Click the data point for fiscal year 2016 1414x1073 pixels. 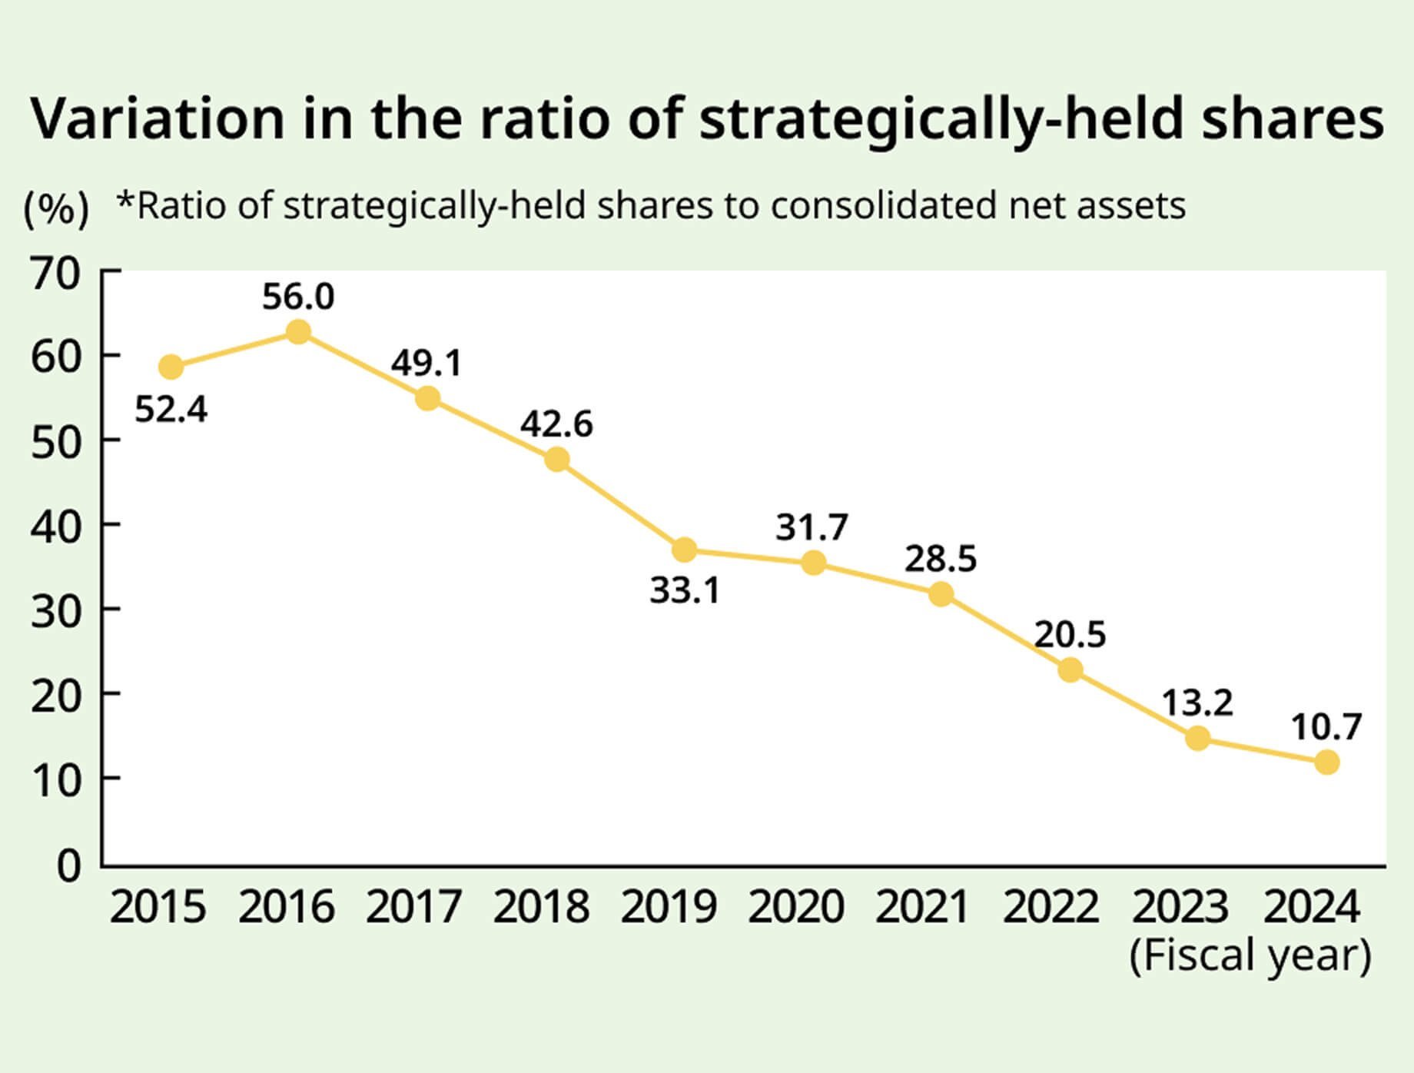point(298,332)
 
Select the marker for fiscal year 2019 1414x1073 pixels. point(684,550)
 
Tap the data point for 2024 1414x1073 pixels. point(1326,762)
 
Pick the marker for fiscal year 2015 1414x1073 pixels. point(171,367)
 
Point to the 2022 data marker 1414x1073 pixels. point(1070,670)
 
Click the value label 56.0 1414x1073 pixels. point(298,297)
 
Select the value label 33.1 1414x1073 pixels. point(685,591)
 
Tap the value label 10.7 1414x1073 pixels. point(1326,726)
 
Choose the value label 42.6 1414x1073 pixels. point(556,424)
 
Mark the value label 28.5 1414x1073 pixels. point(941,559)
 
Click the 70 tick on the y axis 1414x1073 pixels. point(55,274)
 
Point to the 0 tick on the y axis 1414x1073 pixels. point(69,866)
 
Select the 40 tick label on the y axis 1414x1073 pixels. point(55,528)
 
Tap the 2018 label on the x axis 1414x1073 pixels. point(541,907)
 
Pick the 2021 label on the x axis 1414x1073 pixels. point(922,907)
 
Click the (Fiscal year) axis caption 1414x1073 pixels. point(1250,955)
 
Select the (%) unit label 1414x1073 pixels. point(55,208)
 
